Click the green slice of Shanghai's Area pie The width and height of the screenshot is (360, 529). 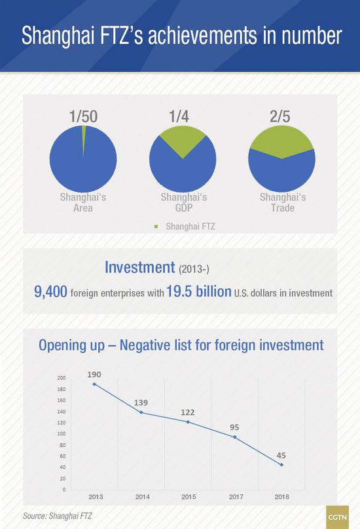point(84,138)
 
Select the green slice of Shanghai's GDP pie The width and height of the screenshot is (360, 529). point(183,139)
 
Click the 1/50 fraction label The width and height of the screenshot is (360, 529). point(83,117)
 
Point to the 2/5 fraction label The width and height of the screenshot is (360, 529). point(280,117)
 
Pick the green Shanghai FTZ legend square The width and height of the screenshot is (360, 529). point(156,227)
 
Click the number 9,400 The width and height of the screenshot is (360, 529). point(50,291)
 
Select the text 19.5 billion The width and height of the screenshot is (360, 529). point(199,291)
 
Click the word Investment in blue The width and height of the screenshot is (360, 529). point(139,267)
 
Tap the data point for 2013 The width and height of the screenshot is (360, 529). point(94,384)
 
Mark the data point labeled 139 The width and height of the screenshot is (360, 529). point(141,412)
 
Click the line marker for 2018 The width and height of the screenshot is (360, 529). point(281,465)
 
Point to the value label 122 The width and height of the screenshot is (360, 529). point(188,412)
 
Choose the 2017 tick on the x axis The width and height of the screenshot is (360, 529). point(236,497)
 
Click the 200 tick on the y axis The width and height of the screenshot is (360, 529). point(62,378)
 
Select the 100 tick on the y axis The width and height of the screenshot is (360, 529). point(62,434)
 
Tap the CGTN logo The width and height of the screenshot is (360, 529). point(337,517)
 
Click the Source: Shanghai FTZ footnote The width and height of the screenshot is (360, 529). point(58,516)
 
